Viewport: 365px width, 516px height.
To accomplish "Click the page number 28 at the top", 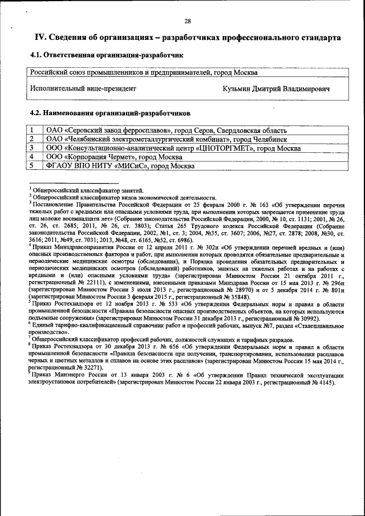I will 188,21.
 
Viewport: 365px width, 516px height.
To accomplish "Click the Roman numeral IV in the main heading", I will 40,38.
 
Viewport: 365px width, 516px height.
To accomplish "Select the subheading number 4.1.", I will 35,56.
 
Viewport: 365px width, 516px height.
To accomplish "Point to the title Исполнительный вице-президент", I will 83,88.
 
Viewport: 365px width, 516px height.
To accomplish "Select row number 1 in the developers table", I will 33,130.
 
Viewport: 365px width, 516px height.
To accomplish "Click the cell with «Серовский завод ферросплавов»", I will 166,130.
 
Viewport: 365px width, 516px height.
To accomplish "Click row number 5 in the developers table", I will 33,166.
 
